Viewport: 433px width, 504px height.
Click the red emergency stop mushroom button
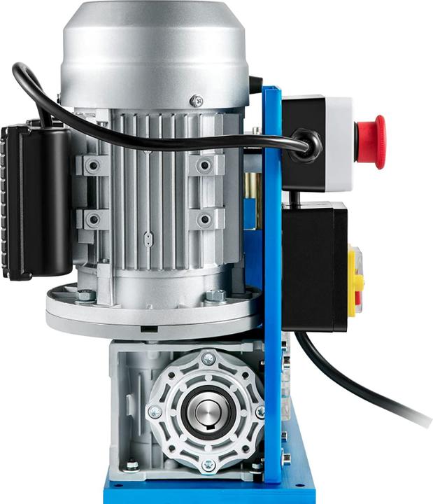(372, 142)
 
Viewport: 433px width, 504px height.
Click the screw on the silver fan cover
(197, 101)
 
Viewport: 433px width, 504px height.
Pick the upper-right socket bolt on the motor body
(204, 165)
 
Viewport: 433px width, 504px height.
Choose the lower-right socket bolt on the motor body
(204, 220)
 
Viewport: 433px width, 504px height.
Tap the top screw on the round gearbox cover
(208, 359)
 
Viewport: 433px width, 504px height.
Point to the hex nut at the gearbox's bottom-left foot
(131, 464)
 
